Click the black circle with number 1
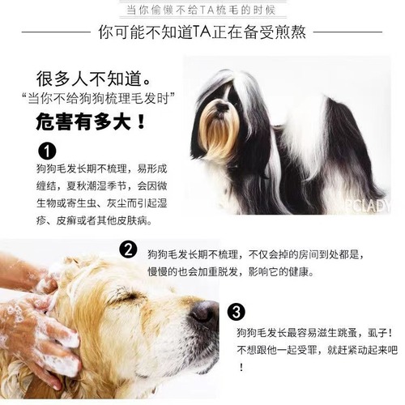click(47, 152)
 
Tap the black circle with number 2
click(127, 249)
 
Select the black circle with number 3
click(236, 311)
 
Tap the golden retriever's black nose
click(205, 313)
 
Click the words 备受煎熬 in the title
click(289, 34)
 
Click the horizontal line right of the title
click(356, 35)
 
